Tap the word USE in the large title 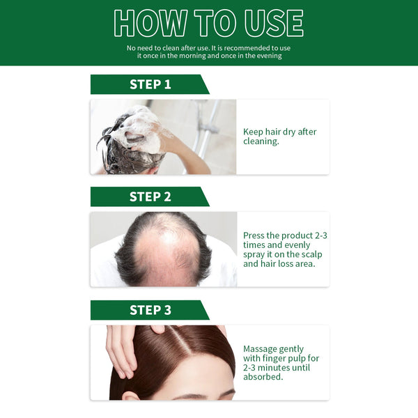[x=272, y=23]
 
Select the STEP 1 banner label [x=150, y=84]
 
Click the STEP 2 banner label [x=150, y=196]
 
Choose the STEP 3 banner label [x=150, y=310]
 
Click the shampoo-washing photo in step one [x=163, y=137]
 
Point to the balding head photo [x=163, y=249]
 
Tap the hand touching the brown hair [x=123, y=348]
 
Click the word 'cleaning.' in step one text [x=261, y=141]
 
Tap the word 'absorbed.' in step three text [x=263, y=377]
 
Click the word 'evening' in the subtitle [x=268, y=56]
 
